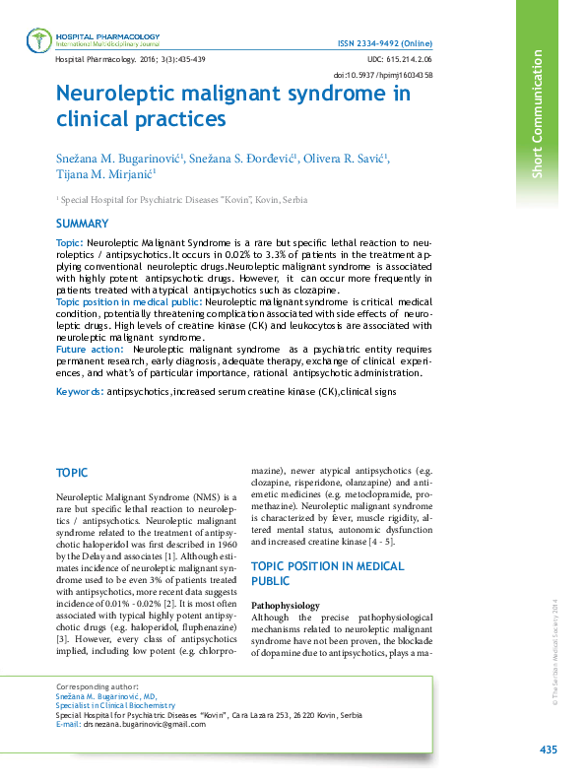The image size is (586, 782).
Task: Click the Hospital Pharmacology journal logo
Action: (x=40, y=39)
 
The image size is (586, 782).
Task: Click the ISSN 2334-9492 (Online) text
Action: (x=391, y=45)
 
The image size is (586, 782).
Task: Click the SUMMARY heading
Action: (x=82, y=224)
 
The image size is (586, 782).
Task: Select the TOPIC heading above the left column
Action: (x=73, y=474)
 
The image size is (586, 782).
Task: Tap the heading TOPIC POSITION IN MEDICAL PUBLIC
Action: (x=327, y=573)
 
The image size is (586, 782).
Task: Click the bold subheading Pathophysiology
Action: (x=286, y=605)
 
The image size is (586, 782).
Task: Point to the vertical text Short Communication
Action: (x=538, y=114)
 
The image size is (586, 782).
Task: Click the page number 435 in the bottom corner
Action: (x=549, y=750)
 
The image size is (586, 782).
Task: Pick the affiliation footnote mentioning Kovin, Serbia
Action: (x=183, y=200)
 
